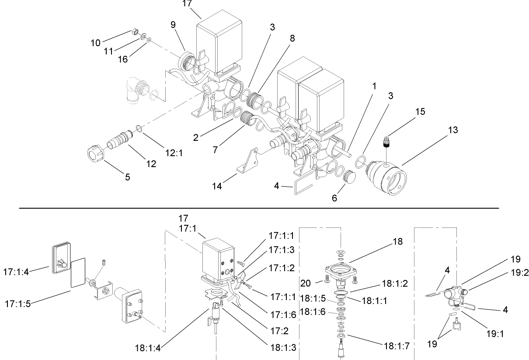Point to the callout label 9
tap(173, 24)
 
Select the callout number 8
tap(292, 38)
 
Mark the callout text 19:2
tap(519, 273)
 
